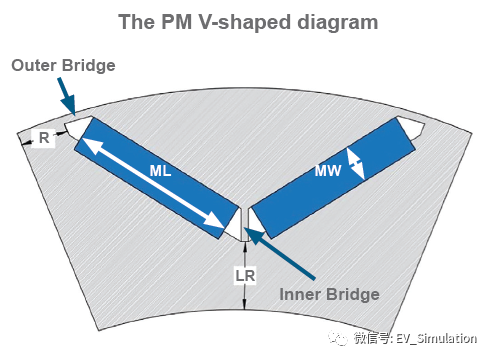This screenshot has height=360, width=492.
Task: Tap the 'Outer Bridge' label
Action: pos(64,66)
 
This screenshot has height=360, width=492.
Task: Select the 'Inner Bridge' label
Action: pos(329,294)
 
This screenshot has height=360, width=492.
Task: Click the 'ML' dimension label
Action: pos(161,171)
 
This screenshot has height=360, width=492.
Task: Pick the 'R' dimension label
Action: pos(44,139)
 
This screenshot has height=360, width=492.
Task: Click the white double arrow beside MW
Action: pos(354,163)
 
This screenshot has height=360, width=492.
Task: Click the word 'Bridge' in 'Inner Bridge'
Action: pos(353,294)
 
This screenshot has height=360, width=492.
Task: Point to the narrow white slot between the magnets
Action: pos(244,222)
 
